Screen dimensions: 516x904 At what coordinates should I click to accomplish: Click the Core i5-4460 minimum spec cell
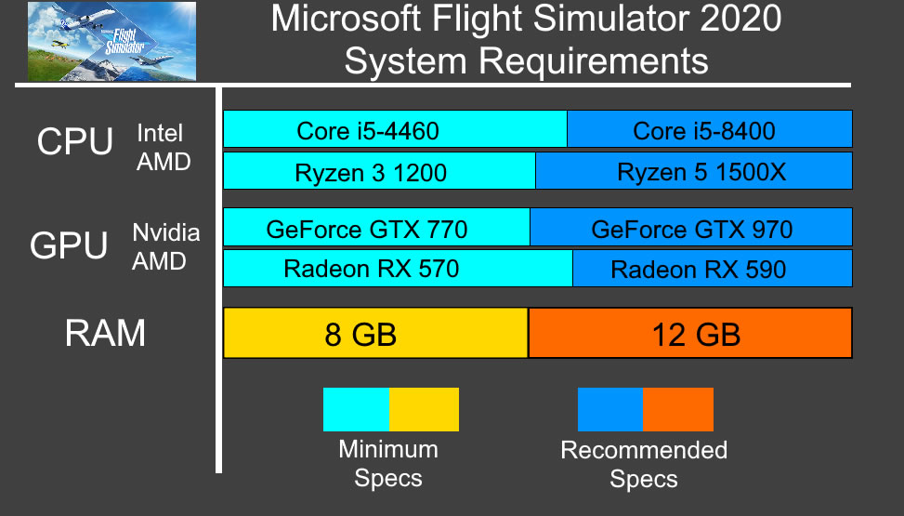(395, 130)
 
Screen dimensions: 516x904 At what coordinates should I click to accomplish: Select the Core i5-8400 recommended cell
(710, 130)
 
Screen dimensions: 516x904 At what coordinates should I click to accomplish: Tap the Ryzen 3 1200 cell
(379, 172)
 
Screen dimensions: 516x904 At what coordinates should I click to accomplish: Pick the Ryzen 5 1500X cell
(694, 172)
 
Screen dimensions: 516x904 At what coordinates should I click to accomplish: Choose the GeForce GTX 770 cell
(376, 228)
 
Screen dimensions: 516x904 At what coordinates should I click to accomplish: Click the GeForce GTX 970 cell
(691, 228)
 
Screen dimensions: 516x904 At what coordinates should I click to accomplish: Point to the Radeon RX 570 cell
(398, 269)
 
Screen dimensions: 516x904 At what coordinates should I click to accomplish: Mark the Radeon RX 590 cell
(713, 269)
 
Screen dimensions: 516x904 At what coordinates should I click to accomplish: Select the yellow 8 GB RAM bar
(375, 333)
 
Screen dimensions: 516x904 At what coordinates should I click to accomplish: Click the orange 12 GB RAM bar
(690, 333)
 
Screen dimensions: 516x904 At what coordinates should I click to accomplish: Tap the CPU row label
(74, 143)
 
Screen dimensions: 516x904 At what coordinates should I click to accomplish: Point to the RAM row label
(105, 333)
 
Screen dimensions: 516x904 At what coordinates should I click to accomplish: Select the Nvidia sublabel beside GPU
(165, 232)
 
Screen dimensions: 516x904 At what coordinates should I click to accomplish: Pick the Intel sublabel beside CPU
(160, 133)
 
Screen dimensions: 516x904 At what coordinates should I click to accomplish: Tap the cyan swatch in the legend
(356, 409)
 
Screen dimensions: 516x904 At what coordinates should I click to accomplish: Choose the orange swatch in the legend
(678, 409)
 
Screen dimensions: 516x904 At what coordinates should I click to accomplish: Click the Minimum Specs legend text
(388, 464)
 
